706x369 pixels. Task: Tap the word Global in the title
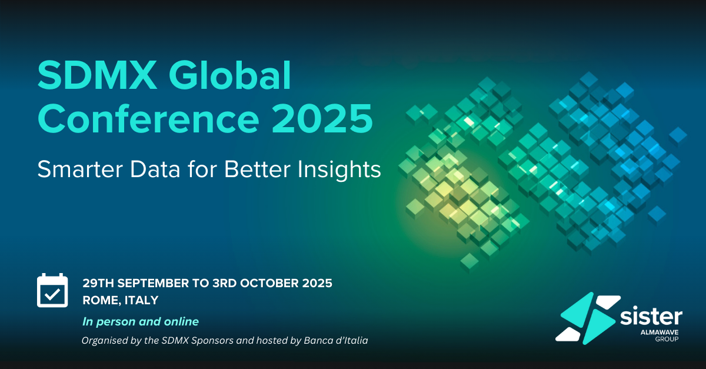click(229, 75)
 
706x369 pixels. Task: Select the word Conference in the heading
click(148, 119)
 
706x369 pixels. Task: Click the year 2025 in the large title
click(322, 119)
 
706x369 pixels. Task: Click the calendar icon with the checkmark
click(52, 290)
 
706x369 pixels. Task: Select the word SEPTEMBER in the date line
click(153, 283)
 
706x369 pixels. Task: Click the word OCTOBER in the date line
click(269, 283)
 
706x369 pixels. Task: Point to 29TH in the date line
click(98, 283)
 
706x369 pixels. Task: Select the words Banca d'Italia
click(336, 340)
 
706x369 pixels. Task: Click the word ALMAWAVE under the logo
click(660, 333)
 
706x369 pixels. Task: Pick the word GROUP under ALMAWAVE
click(667, 340)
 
